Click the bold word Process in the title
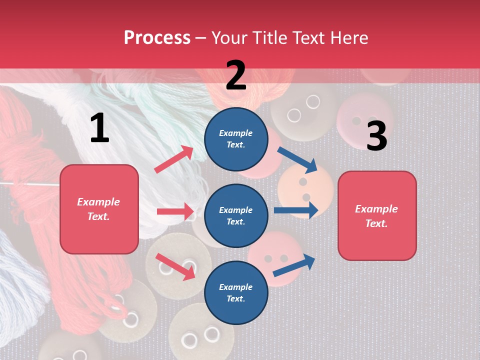point(157,38)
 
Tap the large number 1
point(99,128)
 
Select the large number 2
point(236,75)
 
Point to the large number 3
point(376,136)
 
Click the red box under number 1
point(99,209)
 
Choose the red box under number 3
point(377,215)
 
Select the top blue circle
point(236,139)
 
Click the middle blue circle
point(236,215)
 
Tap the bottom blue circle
point(236,292)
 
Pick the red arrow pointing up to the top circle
point(174,159)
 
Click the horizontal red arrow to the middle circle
point(175,211)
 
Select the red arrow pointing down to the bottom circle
point(175,266)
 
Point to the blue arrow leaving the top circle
point(297,159)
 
